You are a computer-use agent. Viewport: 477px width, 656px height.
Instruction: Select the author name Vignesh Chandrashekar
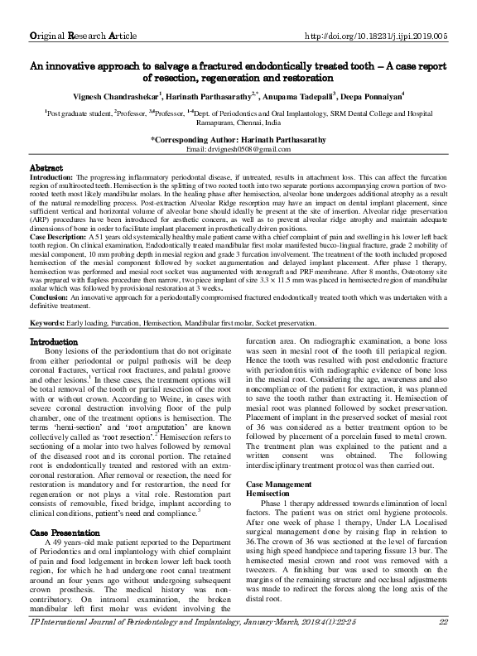[x=109, y=95]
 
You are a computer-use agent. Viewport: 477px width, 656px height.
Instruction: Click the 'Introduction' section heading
[x=54, y=341]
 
